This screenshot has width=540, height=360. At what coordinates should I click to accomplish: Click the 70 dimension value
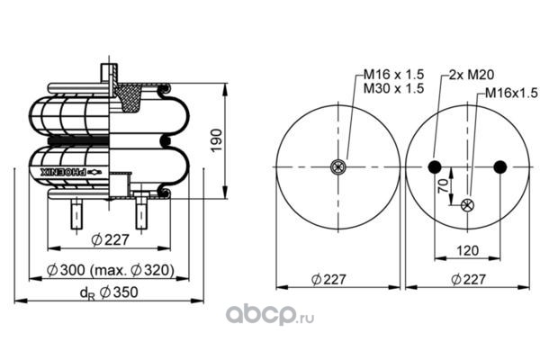(443, 186)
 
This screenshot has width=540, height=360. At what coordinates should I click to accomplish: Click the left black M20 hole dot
(435, 166)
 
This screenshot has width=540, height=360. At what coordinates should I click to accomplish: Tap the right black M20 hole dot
(500, 166)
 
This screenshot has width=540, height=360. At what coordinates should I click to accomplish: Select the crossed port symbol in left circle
(337, 166)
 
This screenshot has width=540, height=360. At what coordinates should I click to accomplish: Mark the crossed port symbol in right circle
(467, 205)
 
